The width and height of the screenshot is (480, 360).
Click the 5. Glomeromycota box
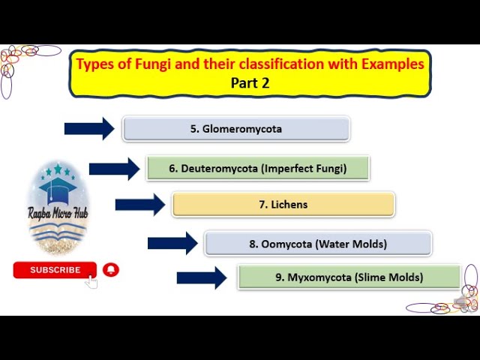[235, 128]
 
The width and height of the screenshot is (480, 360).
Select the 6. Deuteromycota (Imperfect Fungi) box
[257, 168]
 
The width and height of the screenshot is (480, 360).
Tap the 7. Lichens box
[283, 204]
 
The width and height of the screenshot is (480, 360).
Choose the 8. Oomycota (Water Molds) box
[317, 243]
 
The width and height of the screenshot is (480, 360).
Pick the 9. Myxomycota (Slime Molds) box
[349, 277]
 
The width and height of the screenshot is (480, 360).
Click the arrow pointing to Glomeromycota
[89, 128]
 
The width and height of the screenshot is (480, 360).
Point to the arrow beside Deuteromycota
[114, 168]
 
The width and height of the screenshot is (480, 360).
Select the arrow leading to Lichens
[139, 204]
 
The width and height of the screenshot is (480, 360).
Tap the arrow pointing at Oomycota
[172, 243]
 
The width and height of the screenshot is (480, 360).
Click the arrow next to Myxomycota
[201, 277]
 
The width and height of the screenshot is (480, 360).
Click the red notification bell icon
[111, 270]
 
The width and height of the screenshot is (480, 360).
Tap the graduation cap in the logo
[58, 188]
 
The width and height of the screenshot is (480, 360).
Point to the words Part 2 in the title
[250, 82]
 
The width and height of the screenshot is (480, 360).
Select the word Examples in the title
[392, 64]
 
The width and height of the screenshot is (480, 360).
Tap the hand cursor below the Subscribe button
[91, 281]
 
